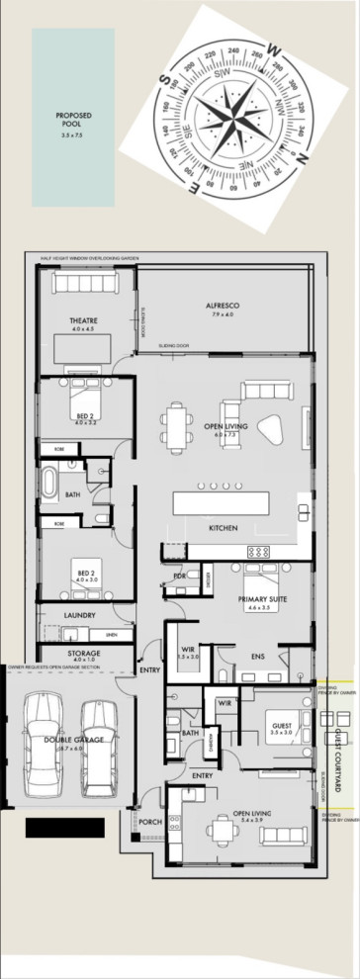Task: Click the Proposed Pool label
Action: point(72,122)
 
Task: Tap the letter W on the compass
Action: point(276,46)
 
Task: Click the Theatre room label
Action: point(82,322)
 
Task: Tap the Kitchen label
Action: point(223,528)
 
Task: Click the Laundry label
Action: point(78,615)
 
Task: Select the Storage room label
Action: point(84,654)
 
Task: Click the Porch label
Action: point(150,822)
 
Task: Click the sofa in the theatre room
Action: point(85,284)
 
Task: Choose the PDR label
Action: point(180,576)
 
